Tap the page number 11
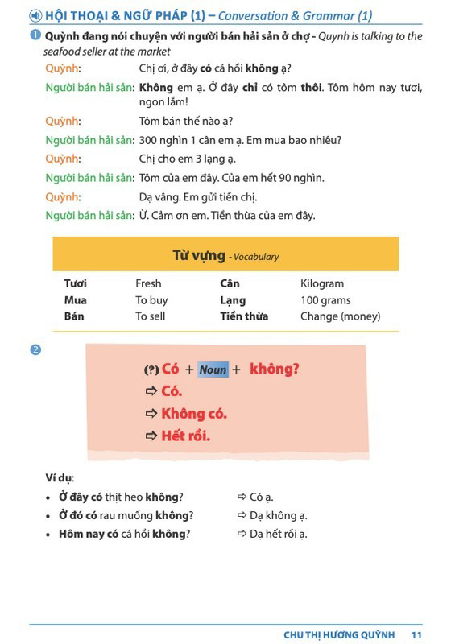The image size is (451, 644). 416,634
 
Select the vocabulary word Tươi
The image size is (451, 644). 76,283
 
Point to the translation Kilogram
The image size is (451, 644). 322,283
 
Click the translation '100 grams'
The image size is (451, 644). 325,300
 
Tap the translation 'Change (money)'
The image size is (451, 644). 340,316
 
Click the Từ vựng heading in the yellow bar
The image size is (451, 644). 199,256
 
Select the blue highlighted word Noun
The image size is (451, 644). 213,369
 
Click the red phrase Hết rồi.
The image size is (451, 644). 185,436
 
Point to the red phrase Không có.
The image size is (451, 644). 194,414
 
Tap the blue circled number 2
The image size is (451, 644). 35,349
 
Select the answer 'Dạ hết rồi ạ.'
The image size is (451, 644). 278,534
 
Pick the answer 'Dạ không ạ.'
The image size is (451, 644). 278,515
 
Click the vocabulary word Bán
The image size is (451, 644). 74,316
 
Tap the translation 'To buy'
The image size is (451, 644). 151,300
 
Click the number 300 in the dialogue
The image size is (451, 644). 150,140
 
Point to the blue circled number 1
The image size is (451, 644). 35,36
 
